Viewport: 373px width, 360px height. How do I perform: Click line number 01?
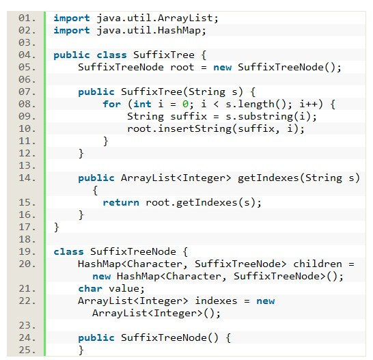pos(27,18)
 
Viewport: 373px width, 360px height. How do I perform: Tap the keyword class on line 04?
pos(111,55)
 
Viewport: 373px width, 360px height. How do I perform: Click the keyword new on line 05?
pos(223,68)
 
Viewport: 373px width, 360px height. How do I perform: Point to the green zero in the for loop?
pos(185,105)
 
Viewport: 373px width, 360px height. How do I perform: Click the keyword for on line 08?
pos(111,105)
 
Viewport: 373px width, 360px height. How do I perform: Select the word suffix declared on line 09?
pos(189,117)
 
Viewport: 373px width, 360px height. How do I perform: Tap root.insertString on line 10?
pos(179,129)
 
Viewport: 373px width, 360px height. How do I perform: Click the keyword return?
pos(121,203)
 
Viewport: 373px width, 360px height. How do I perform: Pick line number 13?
pos(27,166)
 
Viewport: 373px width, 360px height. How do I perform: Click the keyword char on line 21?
pos(90,289)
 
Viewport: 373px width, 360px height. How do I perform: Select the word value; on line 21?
pos(126,289)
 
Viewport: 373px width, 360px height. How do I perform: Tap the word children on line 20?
pos(318,264)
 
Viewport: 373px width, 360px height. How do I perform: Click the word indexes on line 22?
pos(216,301)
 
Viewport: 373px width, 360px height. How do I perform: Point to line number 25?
pos(27,350)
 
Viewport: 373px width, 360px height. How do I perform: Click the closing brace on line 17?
pos(57,227)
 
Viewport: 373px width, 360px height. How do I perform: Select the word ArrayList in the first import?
pos(185,18)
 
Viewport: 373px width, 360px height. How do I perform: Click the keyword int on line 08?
pos(142,105)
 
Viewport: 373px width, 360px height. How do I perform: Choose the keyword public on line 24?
pos(96,338)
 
